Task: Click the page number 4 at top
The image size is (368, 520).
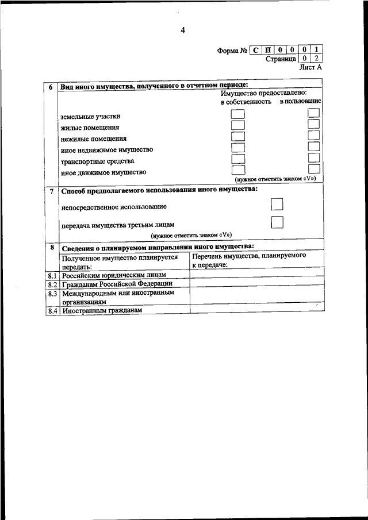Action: (x=182, y=30)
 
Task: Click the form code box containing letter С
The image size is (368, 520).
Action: (x=256, y=50)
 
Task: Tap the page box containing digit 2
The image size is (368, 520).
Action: (x=317, y=59)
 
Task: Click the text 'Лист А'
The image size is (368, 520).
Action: (x=311, y=67)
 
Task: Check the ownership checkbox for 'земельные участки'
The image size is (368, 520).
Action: (x=237, y=115)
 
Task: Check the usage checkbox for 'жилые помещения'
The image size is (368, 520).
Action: (x=313, y=125)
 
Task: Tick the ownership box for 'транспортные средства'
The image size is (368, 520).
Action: (x=237, y=159)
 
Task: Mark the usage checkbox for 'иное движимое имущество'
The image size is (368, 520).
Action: (x=313, y=170)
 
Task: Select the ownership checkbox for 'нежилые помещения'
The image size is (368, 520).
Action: (x=237, y=137)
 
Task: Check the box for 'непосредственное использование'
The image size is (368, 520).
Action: (x=277, y=205)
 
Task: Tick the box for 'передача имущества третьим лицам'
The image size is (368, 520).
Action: (x=277, y=222)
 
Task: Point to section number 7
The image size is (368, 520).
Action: (x=51, y=190)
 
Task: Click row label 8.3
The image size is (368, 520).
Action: (x=52, y=293)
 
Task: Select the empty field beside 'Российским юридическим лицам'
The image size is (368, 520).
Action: (x=255, y=275)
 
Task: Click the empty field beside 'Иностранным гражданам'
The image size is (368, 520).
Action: (x=255, y=310)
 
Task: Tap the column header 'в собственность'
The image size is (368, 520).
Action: (x=246, y=102)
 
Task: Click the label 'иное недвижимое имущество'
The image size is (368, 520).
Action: (x=106, y=149)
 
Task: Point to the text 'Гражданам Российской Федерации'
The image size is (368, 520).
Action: (x=117, y=284)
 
